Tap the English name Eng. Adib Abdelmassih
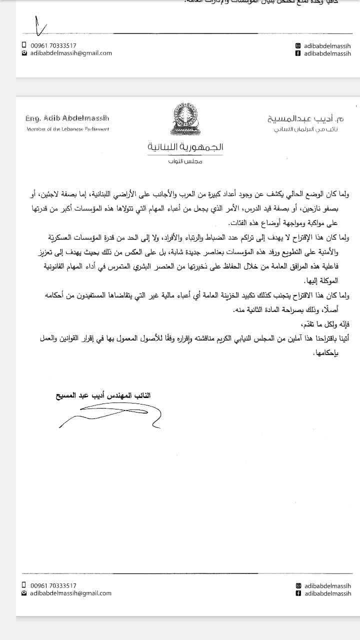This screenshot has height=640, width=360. point(67,118)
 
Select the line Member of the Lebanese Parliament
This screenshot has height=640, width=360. point(67,129)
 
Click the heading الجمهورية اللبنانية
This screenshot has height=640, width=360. point(185,147)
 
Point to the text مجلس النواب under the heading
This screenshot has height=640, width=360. point(185,161)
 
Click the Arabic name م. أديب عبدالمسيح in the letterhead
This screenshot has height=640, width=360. point(305,119)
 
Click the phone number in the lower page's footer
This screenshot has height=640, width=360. point(53,585)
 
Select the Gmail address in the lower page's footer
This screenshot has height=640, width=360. point(70,593)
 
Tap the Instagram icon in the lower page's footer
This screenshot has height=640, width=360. point(298,585)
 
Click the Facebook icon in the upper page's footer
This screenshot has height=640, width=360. point(298,53)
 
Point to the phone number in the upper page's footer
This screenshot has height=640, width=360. point(53,45)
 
